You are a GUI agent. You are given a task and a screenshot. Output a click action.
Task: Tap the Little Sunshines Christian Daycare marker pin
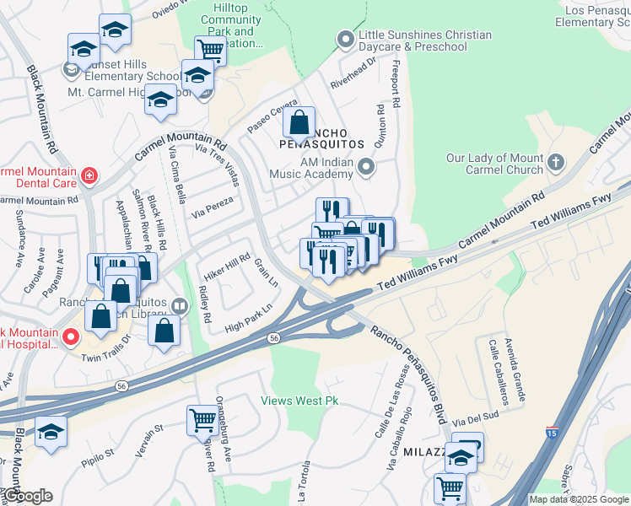345,39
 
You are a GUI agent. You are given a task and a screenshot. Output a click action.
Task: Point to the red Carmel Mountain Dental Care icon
89,176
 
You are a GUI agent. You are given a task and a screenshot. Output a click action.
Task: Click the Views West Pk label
299,401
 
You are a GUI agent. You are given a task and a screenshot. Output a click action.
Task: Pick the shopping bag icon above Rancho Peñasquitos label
299,123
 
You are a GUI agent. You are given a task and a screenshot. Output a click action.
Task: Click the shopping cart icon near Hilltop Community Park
210,51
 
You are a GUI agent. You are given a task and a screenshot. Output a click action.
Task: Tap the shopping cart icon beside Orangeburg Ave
202,419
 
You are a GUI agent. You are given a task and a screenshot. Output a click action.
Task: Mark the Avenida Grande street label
517,368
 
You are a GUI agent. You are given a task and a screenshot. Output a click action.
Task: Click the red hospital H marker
72,339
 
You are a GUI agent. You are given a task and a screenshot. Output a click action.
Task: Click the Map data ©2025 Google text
578,499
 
